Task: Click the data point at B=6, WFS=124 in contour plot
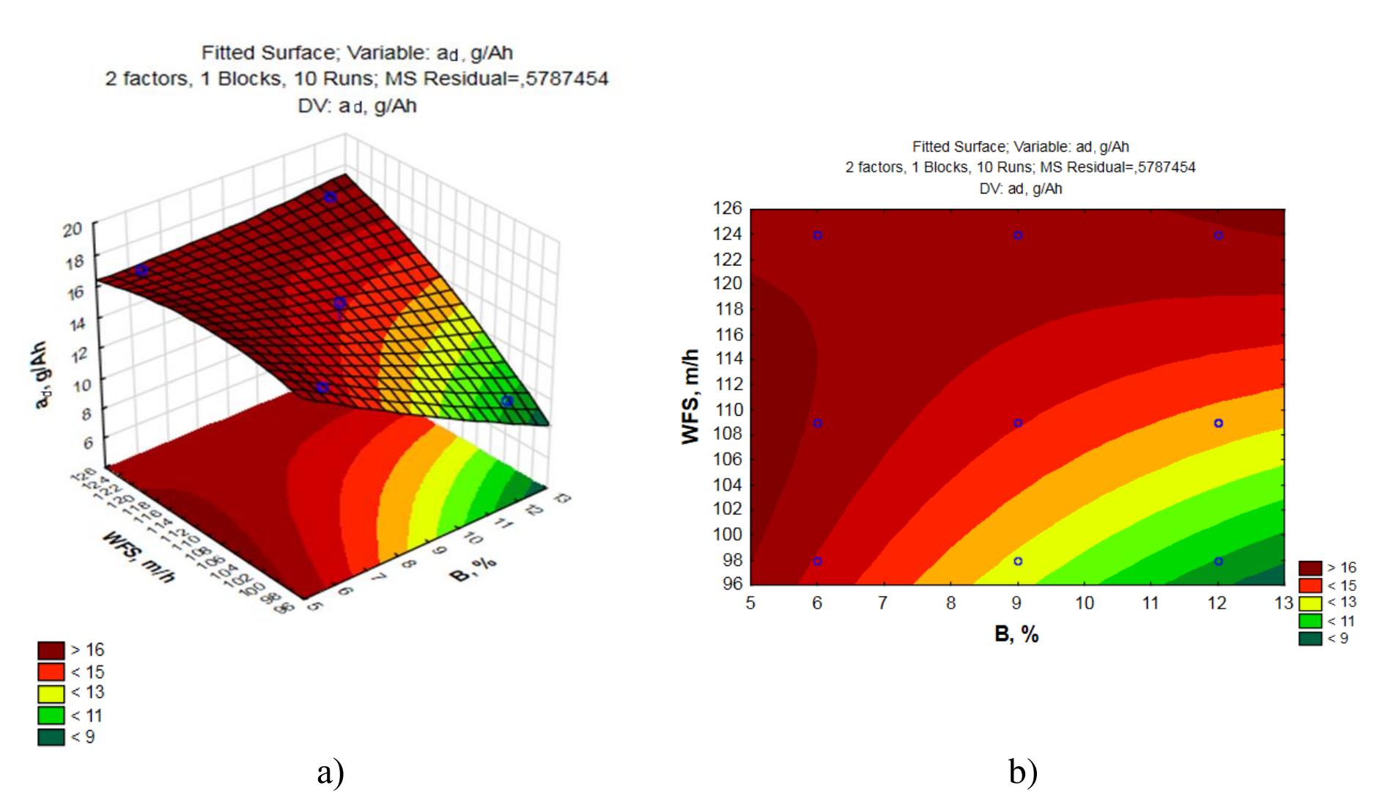(x=817, y=235)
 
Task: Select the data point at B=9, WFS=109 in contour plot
(x=1017, y=423)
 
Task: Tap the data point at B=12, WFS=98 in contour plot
(x=1218, y=561)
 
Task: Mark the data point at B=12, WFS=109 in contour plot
(x=1218, y=423)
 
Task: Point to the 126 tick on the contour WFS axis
(x=727, y=208)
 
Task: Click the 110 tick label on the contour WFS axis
(x=727, y=410)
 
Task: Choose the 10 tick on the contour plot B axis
(x=1085, y=603)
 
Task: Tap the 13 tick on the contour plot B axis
(x=1284, y=603)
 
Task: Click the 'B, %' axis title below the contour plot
(x=1016, y=634)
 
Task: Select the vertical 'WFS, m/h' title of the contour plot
(x=690, y=397)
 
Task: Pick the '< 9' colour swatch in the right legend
(x=1310, y=639)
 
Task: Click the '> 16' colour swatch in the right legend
(x=1310, y=568)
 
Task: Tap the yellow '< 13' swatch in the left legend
(x=51, y=693)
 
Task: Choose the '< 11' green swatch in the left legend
(x=51, y=715)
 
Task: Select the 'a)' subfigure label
(x=331, y=772)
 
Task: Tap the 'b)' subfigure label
(x=1023, y=772)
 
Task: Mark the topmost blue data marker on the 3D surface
(x=331, y=197)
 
